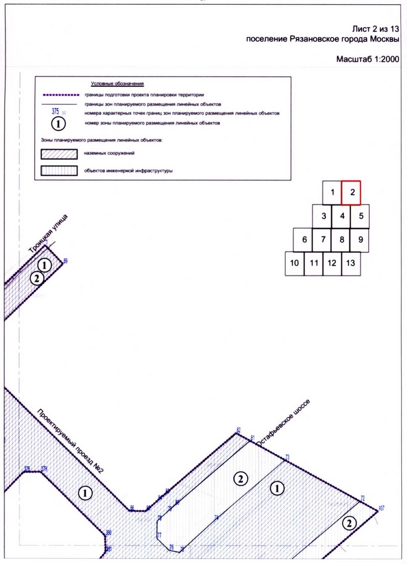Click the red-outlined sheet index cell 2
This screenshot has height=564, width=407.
point(352,192)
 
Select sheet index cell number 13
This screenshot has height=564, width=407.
point(351,263)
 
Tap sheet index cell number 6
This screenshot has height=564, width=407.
point(304,240)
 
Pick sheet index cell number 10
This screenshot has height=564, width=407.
point(295,263)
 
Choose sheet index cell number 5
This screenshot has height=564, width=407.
point(360,216)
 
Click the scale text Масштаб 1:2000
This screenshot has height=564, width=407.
point(368,60)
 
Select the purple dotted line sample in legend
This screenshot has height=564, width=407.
point(59,95)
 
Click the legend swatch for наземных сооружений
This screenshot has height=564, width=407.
point(59,154)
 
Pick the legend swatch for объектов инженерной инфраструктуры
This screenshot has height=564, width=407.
point(59,171)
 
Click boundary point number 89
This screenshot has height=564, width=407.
point(66,261)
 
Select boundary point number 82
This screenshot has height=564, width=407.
point(238,430)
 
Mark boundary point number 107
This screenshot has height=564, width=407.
point(381,508)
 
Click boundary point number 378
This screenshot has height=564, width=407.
point(27,468)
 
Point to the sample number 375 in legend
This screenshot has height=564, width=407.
point(55,111)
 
